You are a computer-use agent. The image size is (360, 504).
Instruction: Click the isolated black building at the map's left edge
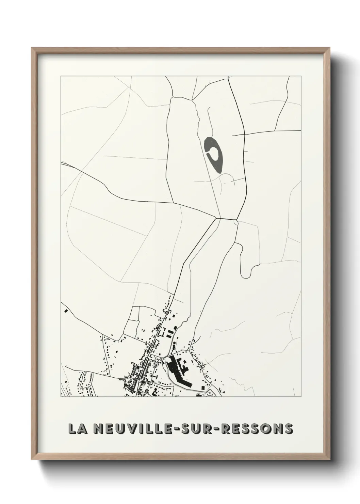pos(66,311)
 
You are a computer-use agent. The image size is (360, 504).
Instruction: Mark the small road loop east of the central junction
pos(236,222)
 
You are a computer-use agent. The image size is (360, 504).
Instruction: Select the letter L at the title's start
pos(72,428)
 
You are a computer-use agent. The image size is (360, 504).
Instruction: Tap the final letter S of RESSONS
pos(289,428)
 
